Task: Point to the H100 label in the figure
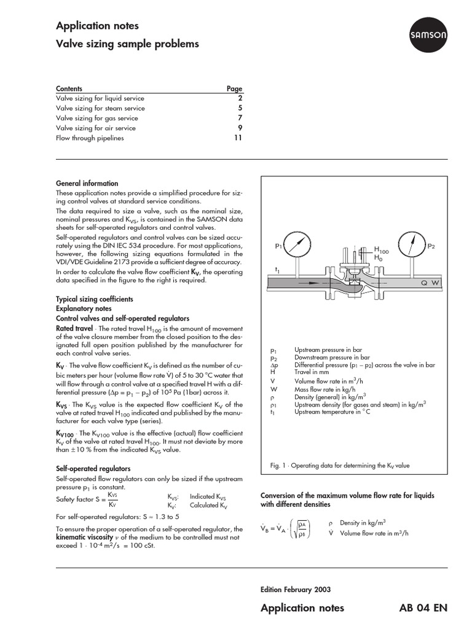coord(382,249)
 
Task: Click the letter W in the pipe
coord(436,283)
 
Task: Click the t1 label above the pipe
coord(278,270)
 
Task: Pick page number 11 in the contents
coord(238,138)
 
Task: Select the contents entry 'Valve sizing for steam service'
coord(100,108)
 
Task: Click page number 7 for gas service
coord(240,118)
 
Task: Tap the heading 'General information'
coord(87,183)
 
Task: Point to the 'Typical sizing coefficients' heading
coord(94,299)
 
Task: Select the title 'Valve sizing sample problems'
coord(127,44)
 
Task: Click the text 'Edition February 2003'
coord(296,589)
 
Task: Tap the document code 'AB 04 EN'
coord(423,608)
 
